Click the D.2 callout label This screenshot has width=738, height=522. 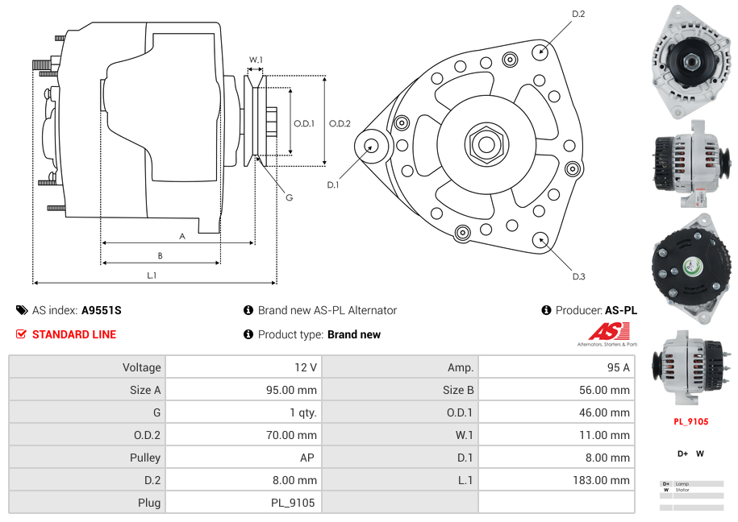pyautogui.click(x=578, y=14)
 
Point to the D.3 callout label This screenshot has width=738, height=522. pyautogui.click(x=578, y=276)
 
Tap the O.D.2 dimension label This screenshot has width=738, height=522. pyautogui.click(x=340, y=123)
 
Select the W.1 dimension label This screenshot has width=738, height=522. pyautogui.click(x=256, y=60)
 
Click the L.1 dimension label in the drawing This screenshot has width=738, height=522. pyautogui.click(x=152, y=275)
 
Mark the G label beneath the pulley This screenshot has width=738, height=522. pyautogui.click(x=289, y=197)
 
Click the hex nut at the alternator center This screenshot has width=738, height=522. pyautogui.click(x=486, y=144)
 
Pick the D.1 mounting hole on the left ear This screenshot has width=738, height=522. pyautogui.click(x=372, y=146)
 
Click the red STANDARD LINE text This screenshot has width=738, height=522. pyautogui.click(x=74, y=334)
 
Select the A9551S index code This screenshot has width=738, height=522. pyautogui.click(x=101, y=310)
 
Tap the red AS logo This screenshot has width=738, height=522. pyautogui.click(x=607, y=332)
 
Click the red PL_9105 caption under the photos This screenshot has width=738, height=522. pyautogui.click(x=690, y=421)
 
